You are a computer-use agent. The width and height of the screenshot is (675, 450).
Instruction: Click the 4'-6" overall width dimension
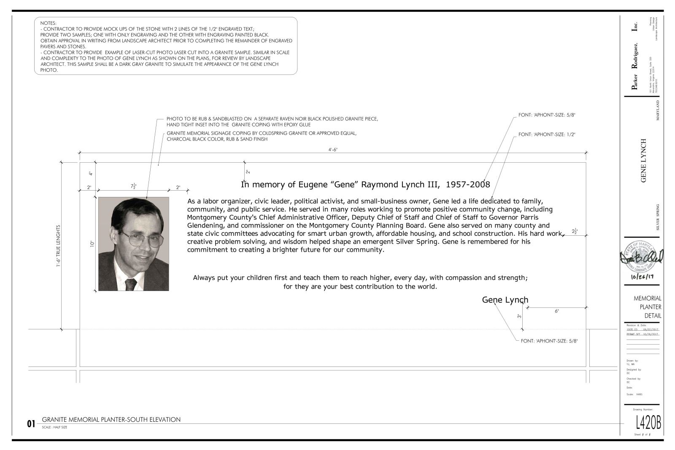click(x=333, y=150)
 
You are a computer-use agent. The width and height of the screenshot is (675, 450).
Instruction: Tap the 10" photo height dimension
click(x=91, y=244)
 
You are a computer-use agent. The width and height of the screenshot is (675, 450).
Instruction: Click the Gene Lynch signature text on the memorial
click(x=505, y=300)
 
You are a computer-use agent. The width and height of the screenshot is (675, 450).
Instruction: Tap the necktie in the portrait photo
click(x=131, y=285)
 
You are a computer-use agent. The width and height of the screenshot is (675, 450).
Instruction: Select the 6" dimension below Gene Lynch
click(x=556, y=311)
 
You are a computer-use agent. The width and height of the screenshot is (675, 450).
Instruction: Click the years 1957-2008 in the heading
click(x=468, y=184)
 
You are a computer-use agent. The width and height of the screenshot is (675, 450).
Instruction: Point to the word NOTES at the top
click(x=48, y=23)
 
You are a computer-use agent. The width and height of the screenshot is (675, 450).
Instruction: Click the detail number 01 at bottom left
click(x=31, y=424)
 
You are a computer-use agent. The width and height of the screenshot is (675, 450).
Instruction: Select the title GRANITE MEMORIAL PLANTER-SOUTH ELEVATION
click(x=111, y=420)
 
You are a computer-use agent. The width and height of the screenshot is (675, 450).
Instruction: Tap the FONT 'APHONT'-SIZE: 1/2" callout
click(x=547, y=135)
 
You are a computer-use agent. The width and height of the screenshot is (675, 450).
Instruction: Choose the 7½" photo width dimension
click(x=134, y=186)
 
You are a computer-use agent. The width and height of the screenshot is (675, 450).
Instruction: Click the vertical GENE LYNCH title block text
click(x=643, y=160)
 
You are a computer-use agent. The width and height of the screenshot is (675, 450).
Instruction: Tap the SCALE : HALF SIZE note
click(x=54, y=427)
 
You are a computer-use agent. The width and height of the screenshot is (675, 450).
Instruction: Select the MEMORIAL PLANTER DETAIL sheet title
click(x=647, y=307)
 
